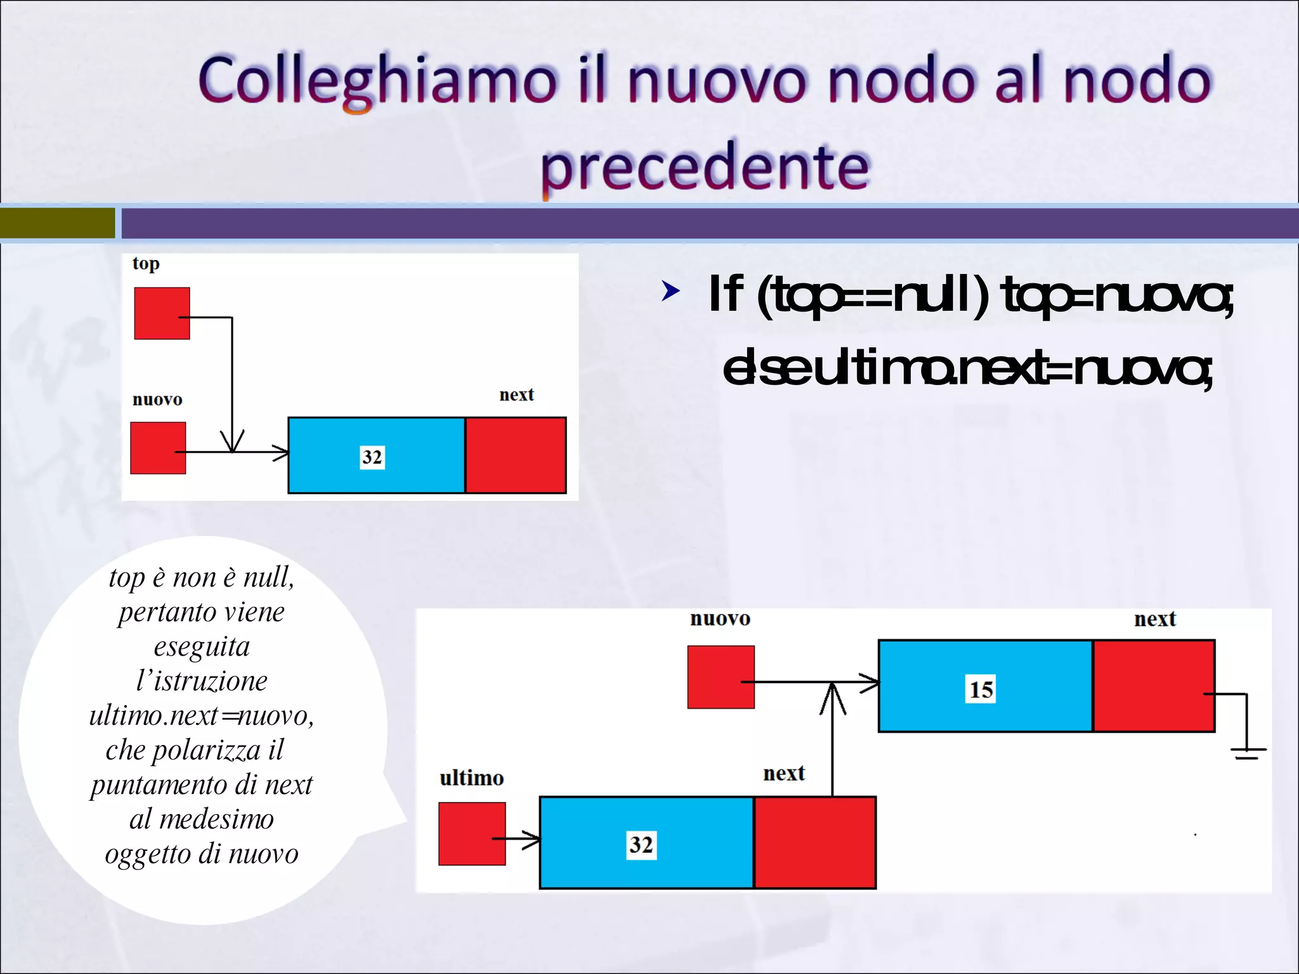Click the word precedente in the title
click(705, 167)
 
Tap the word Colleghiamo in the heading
click(378, 81)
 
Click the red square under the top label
click(162, 313)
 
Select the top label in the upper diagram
click(146, 264)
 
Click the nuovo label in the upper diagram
click(157, 399)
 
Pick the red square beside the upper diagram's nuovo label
click(158, 448)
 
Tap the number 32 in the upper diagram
click(372, 457)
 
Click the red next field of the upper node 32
click(516, 455)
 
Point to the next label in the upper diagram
click(516, 394)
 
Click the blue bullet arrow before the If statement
click(670, 291)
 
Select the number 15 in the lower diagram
click(981, 689)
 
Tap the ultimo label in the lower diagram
click(471, 778)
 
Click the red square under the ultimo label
click(472, 833)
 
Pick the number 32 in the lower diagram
click(641, 845)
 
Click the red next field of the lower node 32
click(815, 843)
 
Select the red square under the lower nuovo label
click(721, 677)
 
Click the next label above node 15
click(1154, 619)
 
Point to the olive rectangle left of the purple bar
click(57, 223)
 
